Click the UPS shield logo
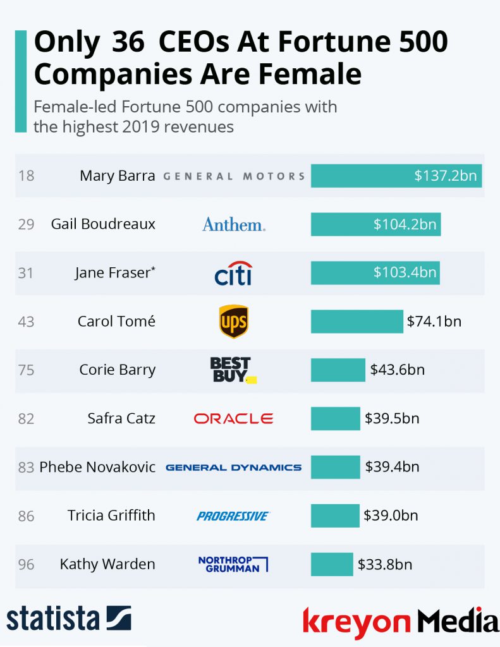pyautogui.click(x=233, y=322)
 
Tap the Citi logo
pyautogui.click(x=233, y=273)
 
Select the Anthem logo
pyautogui.click(x=234, y=224)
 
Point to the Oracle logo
pyautogui.click(x=233, y=418)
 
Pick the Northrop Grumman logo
pyautogui.click(x=233, y=564)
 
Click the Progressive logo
pyautogui.click(x=233, y=516)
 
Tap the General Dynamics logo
pyautogui.click(x=233, y=468)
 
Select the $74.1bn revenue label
pyautogui.click(x=434, y=321)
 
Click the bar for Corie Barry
pyautogui.click(x=338, y=370)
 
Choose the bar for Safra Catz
pyautogui.click(x=335, y=418)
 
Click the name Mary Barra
pyautogui.click(x=117, y=176)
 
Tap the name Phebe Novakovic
pyautogui.click(x=97, y=468)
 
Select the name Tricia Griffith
pyautogui.click(x=111, y=516)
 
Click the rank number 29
pyautogui.click(x=26, y=224)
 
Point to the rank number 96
pyautogui.click(x=26, y=564)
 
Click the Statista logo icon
pyautogui.click(x=118, y=618)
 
